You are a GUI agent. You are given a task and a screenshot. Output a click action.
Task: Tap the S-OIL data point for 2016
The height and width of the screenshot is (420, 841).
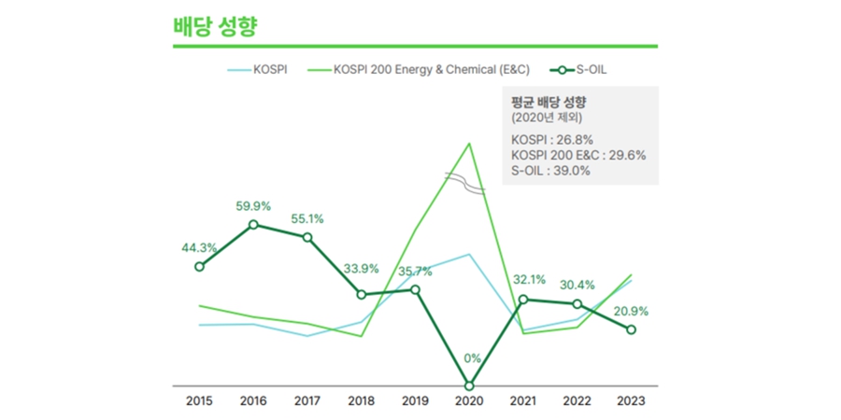[x=253, y=225]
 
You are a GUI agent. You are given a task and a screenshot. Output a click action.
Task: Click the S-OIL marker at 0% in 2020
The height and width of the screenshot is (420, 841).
[x=469, y=385]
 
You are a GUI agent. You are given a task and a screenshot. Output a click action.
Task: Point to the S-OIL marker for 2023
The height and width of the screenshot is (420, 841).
[x=631, y=329]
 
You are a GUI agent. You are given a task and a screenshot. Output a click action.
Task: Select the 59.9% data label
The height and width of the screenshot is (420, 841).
[x=253, y=206]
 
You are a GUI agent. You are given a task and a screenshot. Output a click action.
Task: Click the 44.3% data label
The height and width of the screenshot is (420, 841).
[x=199, y=247]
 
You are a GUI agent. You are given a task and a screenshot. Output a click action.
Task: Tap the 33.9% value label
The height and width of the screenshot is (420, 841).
[x=361, y=269]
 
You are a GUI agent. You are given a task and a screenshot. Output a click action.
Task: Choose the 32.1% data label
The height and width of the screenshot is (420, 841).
[x=523, y=279]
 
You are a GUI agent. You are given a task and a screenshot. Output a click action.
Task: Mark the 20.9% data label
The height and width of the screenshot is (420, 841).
[x=631, y=311]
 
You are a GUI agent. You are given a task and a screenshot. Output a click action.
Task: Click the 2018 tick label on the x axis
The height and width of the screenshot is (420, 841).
[x=361, y=401]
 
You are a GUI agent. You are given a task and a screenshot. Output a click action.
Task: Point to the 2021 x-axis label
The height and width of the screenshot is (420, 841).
[x=523, y=401]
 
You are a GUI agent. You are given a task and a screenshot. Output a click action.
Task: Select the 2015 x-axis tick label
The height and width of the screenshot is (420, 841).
[x=199, y=401]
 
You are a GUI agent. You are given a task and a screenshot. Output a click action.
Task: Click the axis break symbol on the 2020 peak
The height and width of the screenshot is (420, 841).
[x=465, y=183]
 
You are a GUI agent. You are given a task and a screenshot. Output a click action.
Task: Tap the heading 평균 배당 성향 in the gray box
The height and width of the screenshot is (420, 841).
[x=554, y=103]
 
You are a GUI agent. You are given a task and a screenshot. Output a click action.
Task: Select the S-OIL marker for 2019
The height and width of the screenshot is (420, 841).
[x=416, y=289]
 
